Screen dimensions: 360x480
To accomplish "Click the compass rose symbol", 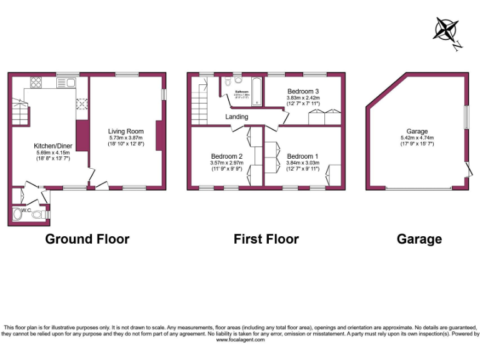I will click(446, 31).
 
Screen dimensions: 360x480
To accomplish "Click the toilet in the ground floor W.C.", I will click(38, 214).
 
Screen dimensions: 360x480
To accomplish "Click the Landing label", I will click(237, 117).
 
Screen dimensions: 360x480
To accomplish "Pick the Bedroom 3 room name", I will click(303, 91).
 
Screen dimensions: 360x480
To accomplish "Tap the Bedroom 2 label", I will click(226, 156).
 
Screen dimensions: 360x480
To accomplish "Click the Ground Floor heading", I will click(87, 239).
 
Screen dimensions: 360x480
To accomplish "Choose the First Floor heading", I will click(266, 239).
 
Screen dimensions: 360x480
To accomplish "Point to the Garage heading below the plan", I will click(419, 239).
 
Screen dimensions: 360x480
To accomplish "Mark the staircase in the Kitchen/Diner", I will click(21, 112).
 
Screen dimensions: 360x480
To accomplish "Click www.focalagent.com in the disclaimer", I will click(239, 340).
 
